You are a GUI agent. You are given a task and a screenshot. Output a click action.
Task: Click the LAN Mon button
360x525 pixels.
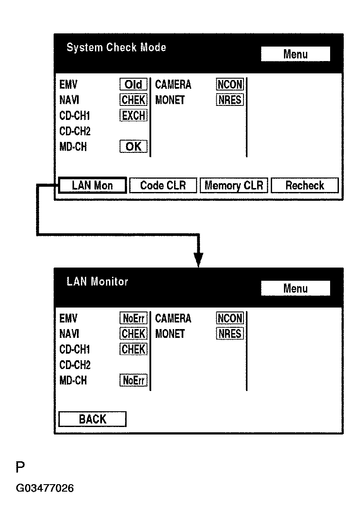92,185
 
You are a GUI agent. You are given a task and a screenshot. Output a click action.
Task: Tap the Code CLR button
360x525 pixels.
163,185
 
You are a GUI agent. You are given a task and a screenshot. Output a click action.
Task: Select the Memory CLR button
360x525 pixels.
234,185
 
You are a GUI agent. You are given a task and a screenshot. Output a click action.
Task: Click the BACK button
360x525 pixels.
92,419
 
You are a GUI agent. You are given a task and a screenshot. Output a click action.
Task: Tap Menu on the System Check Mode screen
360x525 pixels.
295,54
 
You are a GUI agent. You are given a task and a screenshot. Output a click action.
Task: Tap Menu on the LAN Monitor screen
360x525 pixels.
295,288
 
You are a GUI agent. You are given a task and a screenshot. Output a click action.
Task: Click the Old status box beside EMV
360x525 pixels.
134,84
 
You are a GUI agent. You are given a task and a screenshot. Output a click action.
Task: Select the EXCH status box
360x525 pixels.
134,116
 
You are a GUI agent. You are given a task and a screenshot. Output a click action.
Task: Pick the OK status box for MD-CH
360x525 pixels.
134,147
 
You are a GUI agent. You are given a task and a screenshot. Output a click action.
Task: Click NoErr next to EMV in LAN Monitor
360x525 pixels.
134,319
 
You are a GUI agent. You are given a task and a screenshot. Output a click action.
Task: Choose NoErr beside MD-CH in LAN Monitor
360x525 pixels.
134,380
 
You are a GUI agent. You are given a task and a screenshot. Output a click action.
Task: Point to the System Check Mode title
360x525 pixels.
116,47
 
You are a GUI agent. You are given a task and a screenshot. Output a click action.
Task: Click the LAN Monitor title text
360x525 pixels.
97,282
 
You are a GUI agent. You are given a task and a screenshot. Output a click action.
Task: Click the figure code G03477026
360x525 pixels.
45,488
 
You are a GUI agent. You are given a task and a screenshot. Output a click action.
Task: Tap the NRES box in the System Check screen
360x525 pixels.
230,100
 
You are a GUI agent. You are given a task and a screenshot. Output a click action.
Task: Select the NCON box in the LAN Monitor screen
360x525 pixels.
230,318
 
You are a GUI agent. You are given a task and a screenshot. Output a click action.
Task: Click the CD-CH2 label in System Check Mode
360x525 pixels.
75,131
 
